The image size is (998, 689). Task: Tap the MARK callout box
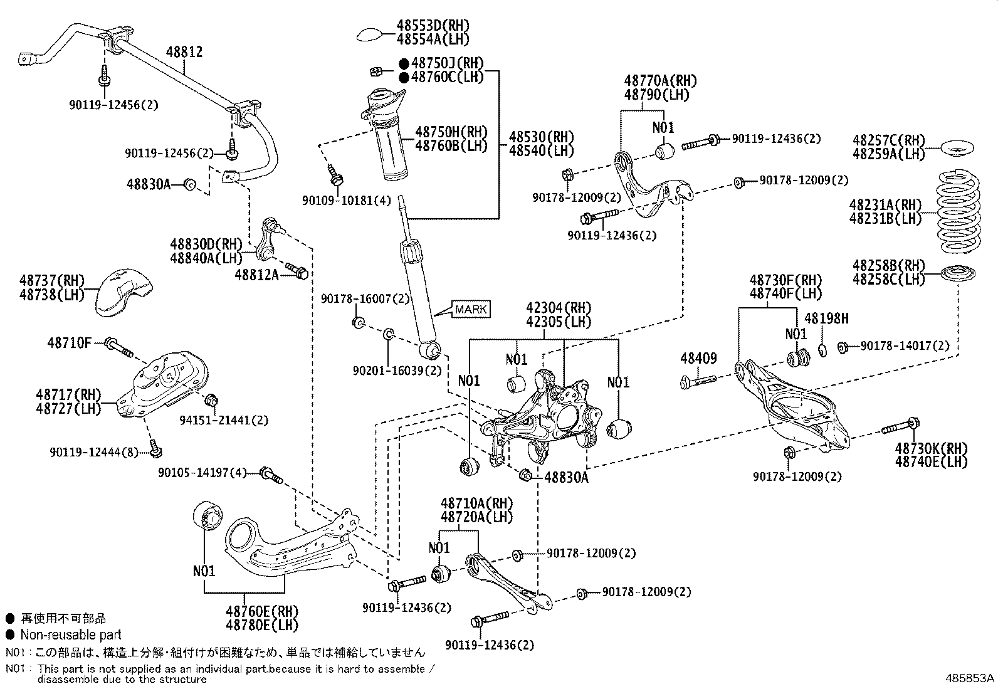(471, 310)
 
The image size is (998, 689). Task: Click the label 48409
(698, 359)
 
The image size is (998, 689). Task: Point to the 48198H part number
(826, 318)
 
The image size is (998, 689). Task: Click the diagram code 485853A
(970, 678)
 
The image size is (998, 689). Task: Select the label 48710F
(69, 343)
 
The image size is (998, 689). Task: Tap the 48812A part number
(256, 274)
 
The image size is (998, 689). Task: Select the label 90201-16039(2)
(398, 371)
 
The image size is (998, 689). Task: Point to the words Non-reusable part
(70, 634)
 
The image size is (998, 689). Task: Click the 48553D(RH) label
(433, 26)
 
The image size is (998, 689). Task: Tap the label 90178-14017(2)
(905, 345)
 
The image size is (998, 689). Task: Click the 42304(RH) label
(559, 308)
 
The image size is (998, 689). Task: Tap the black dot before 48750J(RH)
(404, 63)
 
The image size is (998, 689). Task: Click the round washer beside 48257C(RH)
(960, 150)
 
